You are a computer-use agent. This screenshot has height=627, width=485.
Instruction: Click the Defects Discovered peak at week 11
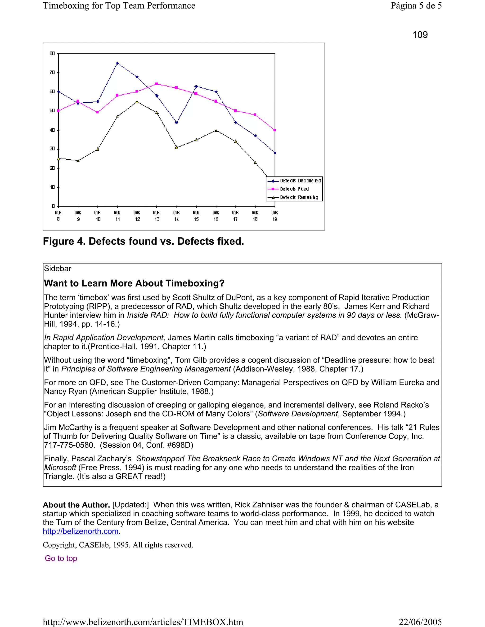click(117, 63)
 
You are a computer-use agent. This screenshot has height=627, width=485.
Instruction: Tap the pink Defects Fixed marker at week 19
click(275, 130)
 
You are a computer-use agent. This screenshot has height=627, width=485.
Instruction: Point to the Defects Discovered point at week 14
click(176, 123)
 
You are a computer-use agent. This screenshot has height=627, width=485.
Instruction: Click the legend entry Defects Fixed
click(294, 189)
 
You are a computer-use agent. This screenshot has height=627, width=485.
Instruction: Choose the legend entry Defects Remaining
click(299, 197)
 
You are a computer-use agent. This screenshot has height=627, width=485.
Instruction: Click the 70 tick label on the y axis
click(52, 72)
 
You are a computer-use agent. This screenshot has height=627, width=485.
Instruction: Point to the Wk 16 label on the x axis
click(216, 216)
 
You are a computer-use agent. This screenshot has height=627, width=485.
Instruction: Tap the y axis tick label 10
click(52, 187)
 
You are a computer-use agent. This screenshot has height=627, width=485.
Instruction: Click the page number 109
click(420, 35)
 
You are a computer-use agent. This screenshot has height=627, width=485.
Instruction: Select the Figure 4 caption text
click(143, 241)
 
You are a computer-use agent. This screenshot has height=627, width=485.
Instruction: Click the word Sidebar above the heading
click(58, 269)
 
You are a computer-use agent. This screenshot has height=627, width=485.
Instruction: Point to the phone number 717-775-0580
click(69, 445)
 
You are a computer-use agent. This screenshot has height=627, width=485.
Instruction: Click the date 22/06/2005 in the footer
click(420, 622)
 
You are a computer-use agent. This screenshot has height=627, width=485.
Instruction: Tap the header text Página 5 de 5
click(416, 5)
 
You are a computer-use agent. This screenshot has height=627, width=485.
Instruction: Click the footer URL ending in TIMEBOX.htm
click(143, 622)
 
